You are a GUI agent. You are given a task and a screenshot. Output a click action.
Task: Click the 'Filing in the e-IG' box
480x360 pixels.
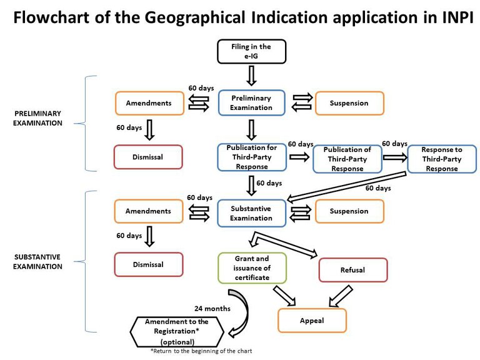[251, 51]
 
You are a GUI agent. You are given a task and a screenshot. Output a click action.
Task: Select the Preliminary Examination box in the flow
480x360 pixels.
[251, 103]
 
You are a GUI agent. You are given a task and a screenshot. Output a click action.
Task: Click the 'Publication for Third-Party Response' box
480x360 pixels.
[251, 157]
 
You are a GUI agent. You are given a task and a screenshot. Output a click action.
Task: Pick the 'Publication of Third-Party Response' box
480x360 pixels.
[347, 159]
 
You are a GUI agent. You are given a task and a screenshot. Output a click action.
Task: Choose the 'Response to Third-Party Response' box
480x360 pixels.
[442, 159]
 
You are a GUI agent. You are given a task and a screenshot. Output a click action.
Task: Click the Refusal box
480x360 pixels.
[352, 270]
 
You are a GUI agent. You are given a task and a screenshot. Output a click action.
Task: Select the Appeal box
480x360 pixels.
[312, 320]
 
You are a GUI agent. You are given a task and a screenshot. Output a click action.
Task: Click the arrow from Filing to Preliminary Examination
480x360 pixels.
[251, 76]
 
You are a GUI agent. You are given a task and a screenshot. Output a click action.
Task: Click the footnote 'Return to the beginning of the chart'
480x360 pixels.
[201, 352]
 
